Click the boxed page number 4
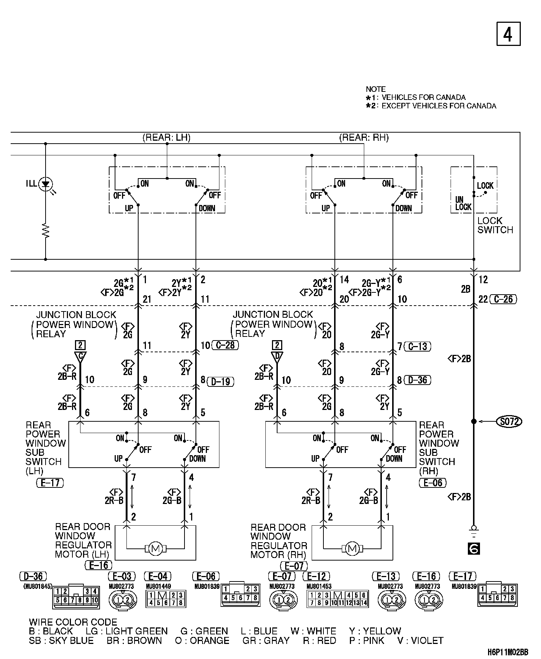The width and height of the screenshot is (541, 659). [508, 34]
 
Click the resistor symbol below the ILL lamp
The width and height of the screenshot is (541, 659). [46, 231]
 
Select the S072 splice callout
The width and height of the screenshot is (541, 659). [509, 421]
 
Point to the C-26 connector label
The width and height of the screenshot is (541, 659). [503, 299]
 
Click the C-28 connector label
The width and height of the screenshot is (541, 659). [225, 345]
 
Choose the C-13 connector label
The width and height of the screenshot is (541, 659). [418, 346]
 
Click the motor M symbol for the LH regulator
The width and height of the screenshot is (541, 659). [156, 549]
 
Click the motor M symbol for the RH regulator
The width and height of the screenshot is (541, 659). [352, 549]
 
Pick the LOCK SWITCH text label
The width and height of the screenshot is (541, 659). [495, 225]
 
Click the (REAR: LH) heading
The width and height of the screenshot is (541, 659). [166, 138]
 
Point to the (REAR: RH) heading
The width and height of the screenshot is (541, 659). [363, 138]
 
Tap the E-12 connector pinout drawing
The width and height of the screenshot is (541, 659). [338, 599]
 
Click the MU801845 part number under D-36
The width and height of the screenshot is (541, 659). [38, 586]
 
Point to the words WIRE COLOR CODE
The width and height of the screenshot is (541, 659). [73, 622]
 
